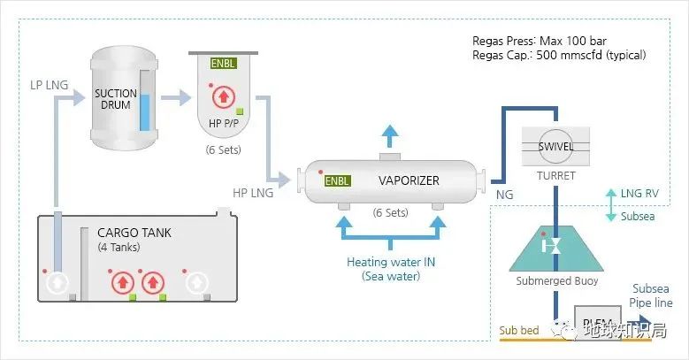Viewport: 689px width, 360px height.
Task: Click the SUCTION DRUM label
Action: coord(117,100)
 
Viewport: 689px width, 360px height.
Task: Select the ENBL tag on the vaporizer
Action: coord(338,181)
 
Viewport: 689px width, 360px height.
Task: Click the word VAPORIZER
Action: coord(409,180)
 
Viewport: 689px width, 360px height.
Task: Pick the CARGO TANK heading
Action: coord(134,233)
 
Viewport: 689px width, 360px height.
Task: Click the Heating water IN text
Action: coord(391,262)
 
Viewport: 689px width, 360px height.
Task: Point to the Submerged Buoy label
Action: coord(555,281)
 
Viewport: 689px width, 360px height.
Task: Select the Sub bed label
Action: coord(519,332)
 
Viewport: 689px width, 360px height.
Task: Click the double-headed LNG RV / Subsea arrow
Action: coord(610,204)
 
